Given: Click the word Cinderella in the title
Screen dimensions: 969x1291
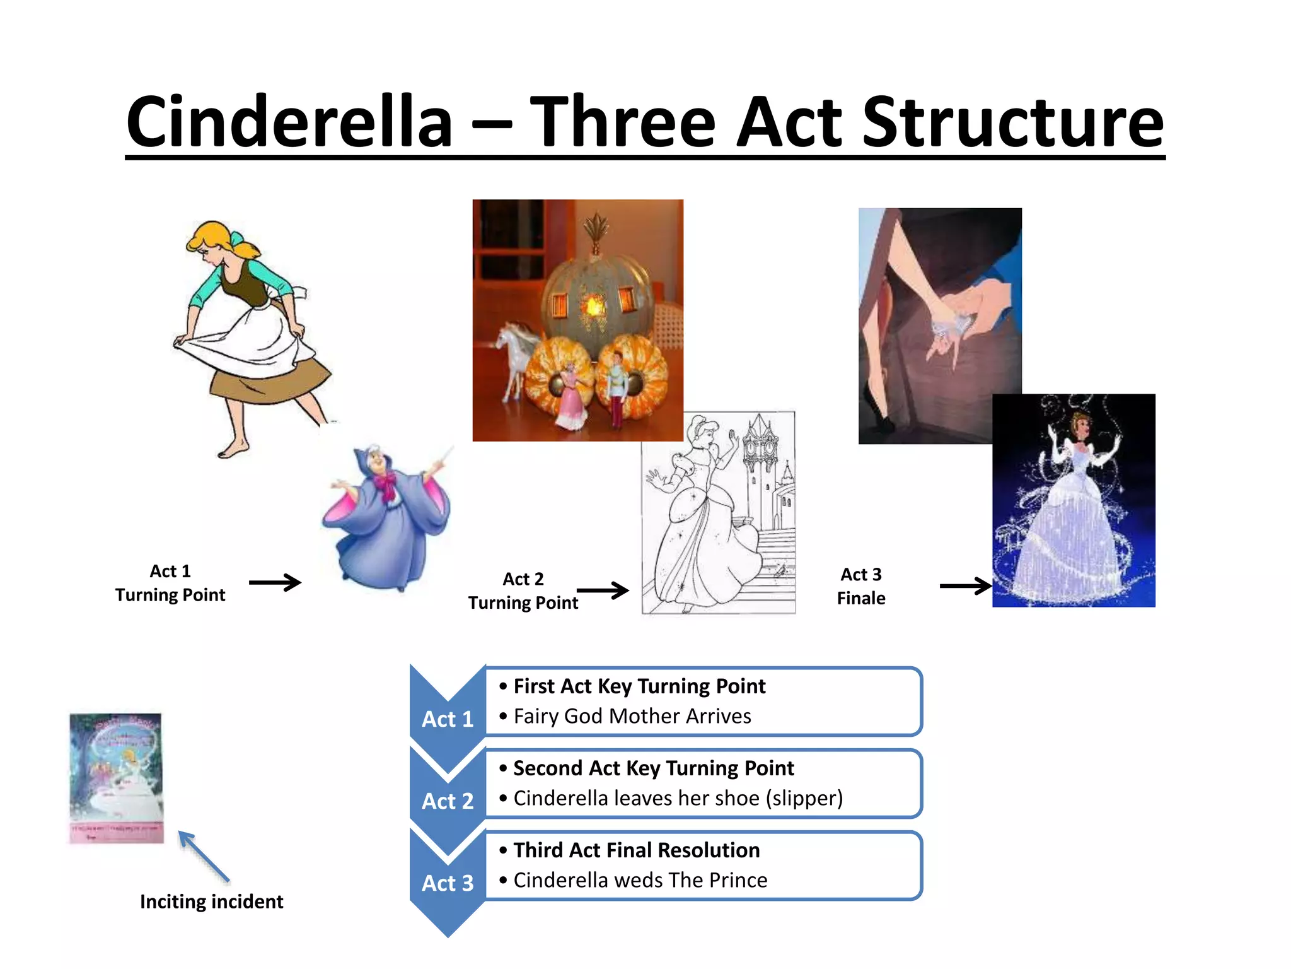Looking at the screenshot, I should pyautogui.click(x=289, y=122).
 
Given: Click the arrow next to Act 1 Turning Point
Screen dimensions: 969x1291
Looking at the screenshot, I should pyautogui.click(x=275, y=582).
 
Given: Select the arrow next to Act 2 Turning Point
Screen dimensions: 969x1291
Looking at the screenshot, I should pyautogui.click(x=603, y=590).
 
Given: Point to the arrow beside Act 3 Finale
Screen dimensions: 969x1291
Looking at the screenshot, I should pyautogui.click(x=965, y=585).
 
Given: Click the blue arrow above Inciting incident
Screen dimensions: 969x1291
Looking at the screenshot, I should pyautogui.click(x=203, y=856).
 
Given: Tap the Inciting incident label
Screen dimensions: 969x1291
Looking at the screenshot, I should pyautogui.click(x=211, y=901).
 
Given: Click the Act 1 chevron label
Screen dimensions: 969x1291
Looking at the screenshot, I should pyautogui.click(x=448, y=719).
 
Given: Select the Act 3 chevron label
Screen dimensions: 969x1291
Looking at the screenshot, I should pyautogui.click(x=448, y=883).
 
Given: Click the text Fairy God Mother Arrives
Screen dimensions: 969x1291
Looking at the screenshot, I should pyautogui.click(x=632, y=716).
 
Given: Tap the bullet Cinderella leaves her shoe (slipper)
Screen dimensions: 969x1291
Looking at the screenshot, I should pyautogui.click(x=678, y=798).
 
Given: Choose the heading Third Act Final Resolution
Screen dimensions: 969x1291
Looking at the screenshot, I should pyautogui.click(x=636, y=850).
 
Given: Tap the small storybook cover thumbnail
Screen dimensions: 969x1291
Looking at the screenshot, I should pyautogui.click(x=116, y=778).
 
